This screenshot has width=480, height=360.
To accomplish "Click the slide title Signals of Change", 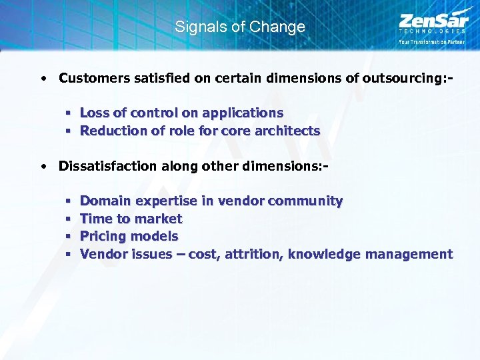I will click(x=239, y=27).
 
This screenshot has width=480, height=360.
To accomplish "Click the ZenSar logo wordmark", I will click(x=432, y=20).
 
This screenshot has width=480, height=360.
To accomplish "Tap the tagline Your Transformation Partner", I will click(x=432, y=41).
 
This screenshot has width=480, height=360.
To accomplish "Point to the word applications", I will click(x=240, y=113).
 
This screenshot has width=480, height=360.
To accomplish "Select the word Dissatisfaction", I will click(x=107, y=166).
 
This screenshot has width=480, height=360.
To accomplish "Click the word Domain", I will click(x=105, y=201).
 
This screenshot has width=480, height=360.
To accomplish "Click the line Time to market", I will click(x=131, y=219).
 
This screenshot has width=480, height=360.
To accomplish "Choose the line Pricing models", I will click(x=129, y=236).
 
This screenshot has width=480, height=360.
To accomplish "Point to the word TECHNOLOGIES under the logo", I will click(x=432, y=31).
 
